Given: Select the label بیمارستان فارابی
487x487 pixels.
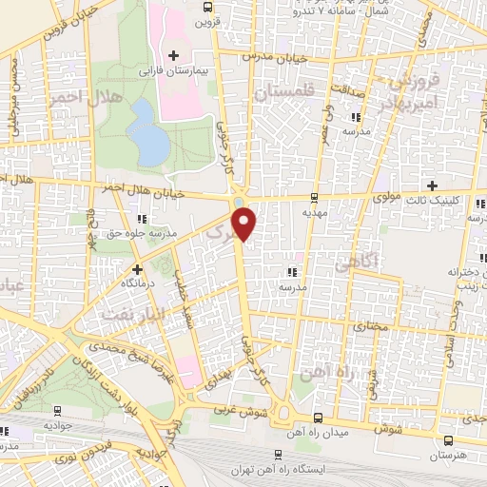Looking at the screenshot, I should coord(173,72).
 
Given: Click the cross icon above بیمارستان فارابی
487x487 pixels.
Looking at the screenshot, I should coord(173,57).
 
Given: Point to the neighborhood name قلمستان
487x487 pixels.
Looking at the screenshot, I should coord(283,91).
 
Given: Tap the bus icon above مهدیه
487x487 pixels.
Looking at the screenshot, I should coord(313,198).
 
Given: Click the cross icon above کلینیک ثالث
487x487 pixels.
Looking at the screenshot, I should coord(433,185).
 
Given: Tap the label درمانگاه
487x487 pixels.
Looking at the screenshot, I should coord(138,283).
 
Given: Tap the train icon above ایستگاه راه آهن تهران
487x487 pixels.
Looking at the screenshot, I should coord(277,455).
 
